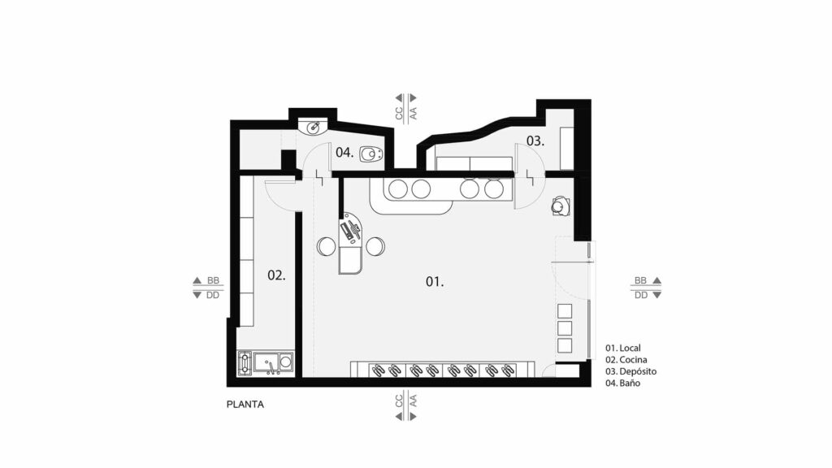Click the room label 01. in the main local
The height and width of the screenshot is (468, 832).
pyautogui.click(x=435, y=282)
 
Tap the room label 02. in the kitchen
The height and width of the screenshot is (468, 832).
pyautogui.click(x=276, y=275)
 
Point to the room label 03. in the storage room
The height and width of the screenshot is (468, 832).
pyautogui.click(x=535, y=141)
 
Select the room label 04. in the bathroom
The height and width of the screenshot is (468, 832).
pyautogui.click(x=344, y=152)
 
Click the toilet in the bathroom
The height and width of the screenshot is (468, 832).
pyautogui.click(x=370, y=154)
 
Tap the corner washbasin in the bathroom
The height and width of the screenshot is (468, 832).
pyautogui.click(x=313, y=127)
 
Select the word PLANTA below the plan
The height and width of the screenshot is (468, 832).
pyautogui.click(x=245, y=405)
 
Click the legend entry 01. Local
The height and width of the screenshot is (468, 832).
pyautogui.click(x=623, y=348)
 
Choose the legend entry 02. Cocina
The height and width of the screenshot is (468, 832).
pyautogui.click(x=626, y=360)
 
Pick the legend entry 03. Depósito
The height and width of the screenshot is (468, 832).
pyautogui.click(x=630, y=371)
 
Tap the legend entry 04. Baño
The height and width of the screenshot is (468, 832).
pyautogui.click(x=623, y=383)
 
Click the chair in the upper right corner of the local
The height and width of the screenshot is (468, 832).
pyautogui.click(x=560, y=206)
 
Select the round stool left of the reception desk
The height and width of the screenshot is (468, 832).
pyautogui.click(x=327, y=246)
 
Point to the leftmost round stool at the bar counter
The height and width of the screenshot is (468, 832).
pyautogui.click(x=398, y=188)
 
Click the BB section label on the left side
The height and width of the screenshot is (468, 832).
pyautogui.click(x=213, y=280)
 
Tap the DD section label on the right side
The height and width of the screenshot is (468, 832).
pyautogui.click(x=641, y=295)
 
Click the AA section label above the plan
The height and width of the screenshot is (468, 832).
pyautogui.click(x=414, y=113)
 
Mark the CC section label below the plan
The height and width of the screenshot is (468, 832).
pyautogui.click(x=399, y=401)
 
